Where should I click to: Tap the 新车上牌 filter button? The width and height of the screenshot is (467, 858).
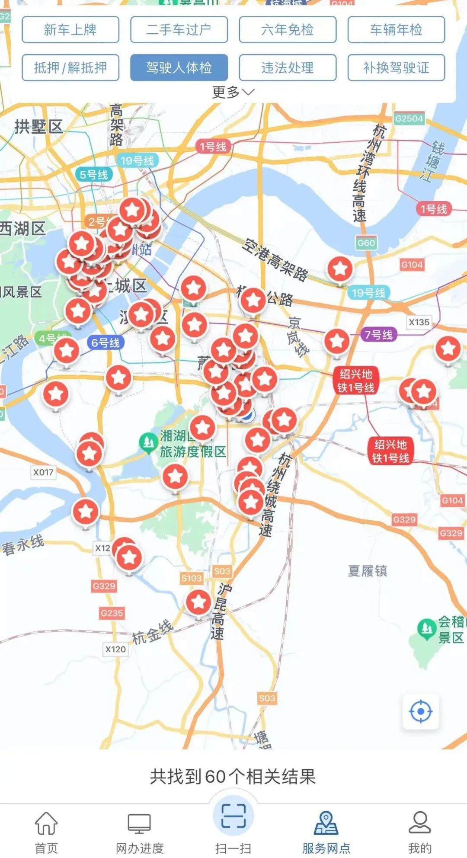pyautogui.click(x=70, y=30)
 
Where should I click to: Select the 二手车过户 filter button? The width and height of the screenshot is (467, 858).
pyautogui.click(x=179, y=30)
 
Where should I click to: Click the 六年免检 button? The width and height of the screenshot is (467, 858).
pyautogui.click(x=288, y=30)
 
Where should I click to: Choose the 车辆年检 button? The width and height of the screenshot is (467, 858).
pyautogui.click(x=396, y=30)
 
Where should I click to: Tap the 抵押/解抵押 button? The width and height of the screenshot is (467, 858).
pyautogui.click(x=70, y=68)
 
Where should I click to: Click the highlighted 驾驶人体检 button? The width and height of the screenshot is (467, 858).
pyautogui.click(x=179, y=68)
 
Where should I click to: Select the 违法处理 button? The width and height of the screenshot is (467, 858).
pyautogui.click(x=288, y=68)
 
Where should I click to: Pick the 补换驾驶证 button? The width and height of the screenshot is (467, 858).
pyautogui.click(x=396, y=68)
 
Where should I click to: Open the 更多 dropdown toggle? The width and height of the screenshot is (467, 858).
pyautogui.click(x=233, y=92)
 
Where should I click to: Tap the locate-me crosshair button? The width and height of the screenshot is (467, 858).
pyautogui.click(x=420, y=711)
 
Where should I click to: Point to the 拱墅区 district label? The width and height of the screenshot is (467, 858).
pyautogui.click(x=39, y=127)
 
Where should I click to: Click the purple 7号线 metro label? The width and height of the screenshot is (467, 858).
pyautogui.click(x=378, y=334)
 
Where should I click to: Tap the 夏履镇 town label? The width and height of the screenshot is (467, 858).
pyautogui.click(x=368, y=571)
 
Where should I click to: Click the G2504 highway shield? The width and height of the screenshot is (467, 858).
pyautogui.click(x=409, y=118)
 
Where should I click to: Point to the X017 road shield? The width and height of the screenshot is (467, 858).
pyautogui.click(x=43, y=472)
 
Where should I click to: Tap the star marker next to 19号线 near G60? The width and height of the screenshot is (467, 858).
pyautogui.click(x=340, y=269)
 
